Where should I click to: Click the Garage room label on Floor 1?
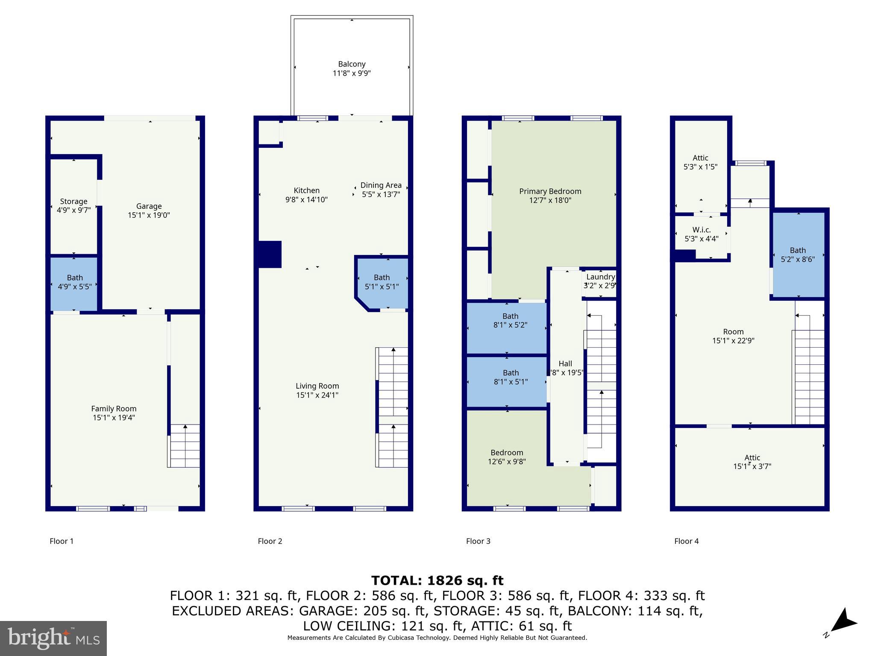pyautogui.click(x=149, y=206)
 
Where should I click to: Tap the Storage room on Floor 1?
pyautogui.click(x=73, y=205)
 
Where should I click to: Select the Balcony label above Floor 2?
pyautogui.click(x=352, y=64)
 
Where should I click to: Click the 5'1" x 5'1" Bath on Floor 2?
pyautogui.click(x=382, y=282)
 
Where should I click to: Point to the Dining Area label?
pyautogui.click(x=381, y=185)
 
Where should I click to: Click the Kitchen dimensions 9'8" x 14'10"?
pyautogui.click(x=306, y=199)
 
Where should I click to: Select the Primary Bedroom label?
pyautogui.click(x=550, y=191)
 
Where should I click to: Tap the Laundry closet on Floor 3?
pyautogui.click(x=600, y=281)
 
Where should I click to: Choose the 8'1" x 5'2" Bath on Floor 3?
pyautogui.click(x=510, y=320)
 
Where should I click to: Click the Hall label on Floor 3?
pyautogui.click(x=565, y=363)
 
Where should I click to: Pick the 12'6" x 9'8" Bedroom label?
pyautogui.click(x=507, y=453)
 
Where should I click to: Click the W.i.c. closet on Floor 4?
pyautogui.click(x=701, y=234)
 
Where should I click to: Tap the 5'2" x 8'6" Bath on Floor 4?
pyautogui.click(x=798, y=255)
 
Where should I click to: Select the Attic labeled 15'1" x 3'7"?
pyautogui.click(x=752, y=462)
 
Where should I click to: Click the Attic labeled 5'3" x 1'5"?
pyautogui.click(x=700, y=162)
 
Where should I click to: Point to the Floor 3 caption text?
pyautogui.click(x=478, y=541)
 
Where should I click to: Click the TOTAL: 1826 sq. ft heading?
pyautogui.click(x=437, y=580)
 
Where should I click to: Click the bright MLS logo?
pyautogui.click(x=53, y=638)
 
